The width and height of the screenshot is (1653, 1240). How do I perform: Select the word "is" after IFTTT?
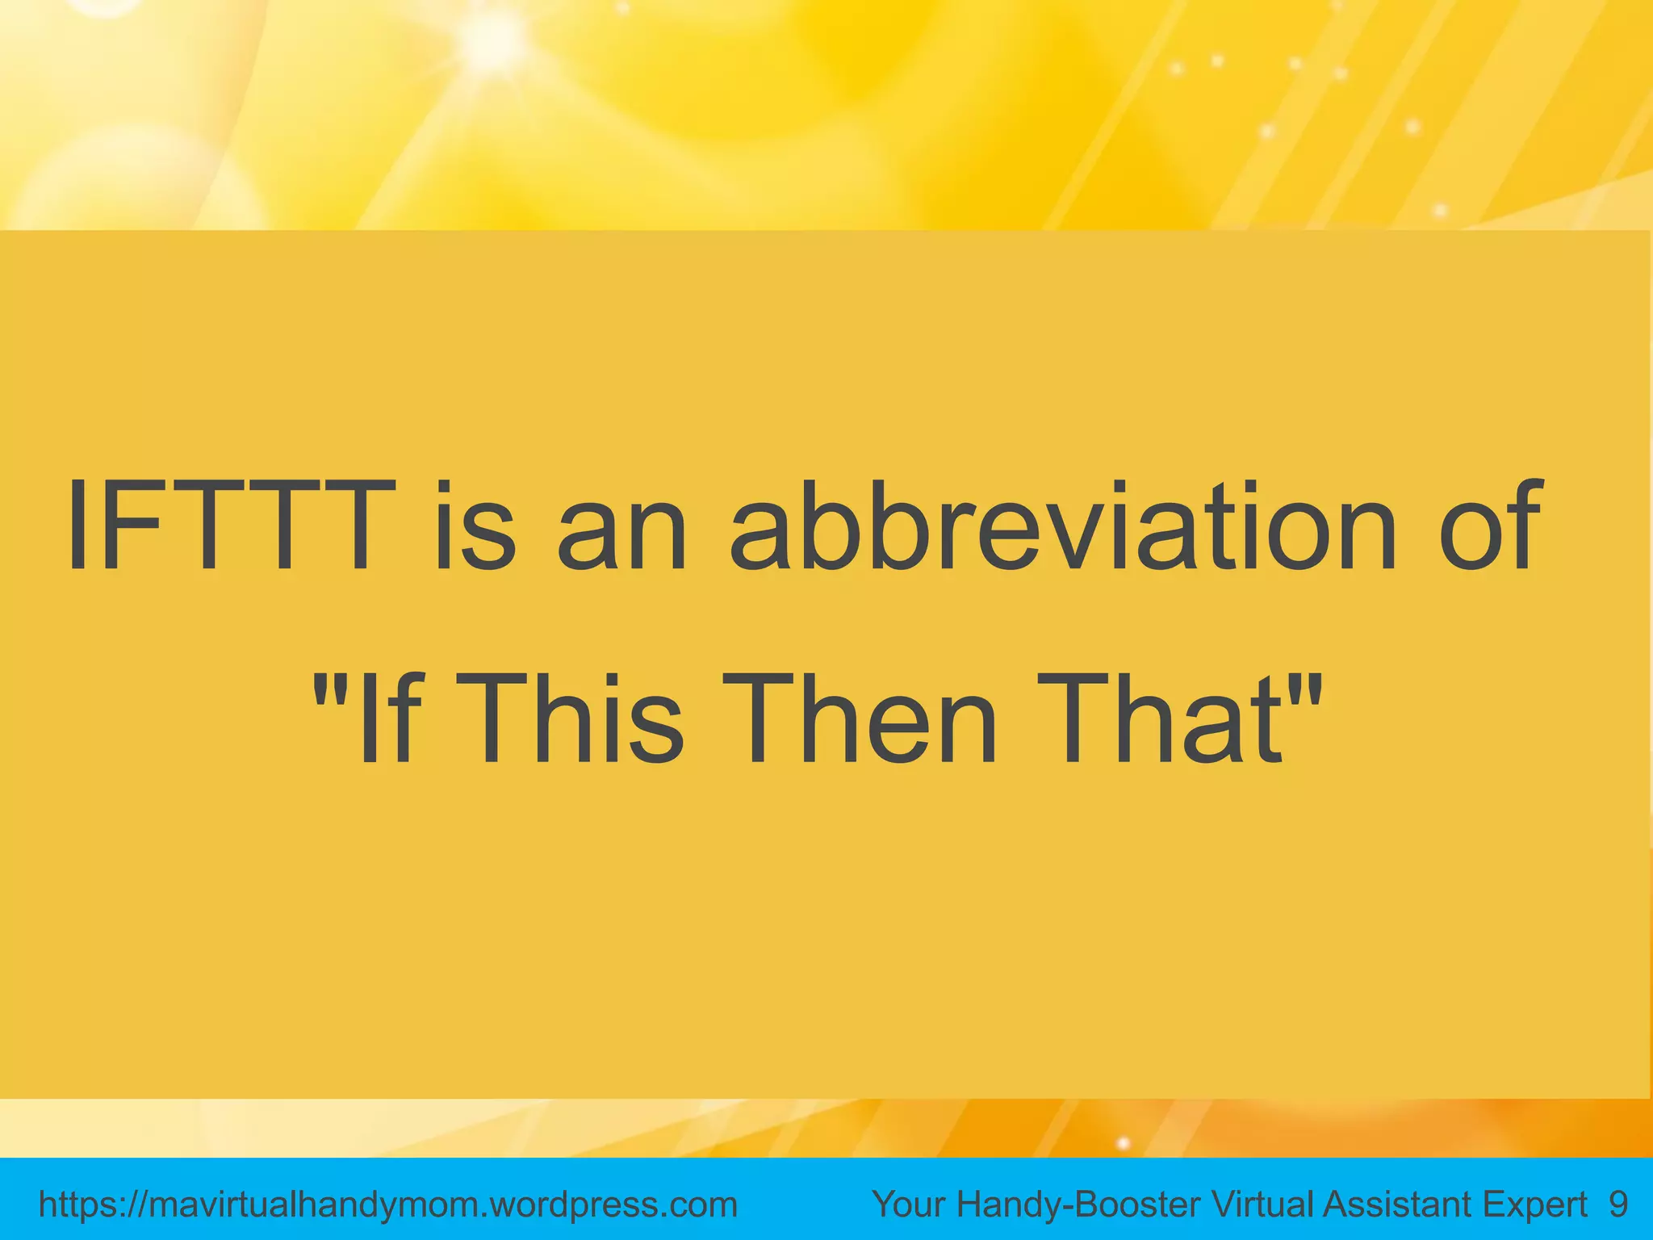tap(475, 526)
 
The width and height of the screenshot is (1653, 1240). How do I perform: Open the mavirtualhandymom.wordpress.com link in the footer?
tap(388, 1205)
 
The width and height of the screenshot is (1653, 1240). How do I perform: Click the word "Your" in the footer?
tap(909, 1204)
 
